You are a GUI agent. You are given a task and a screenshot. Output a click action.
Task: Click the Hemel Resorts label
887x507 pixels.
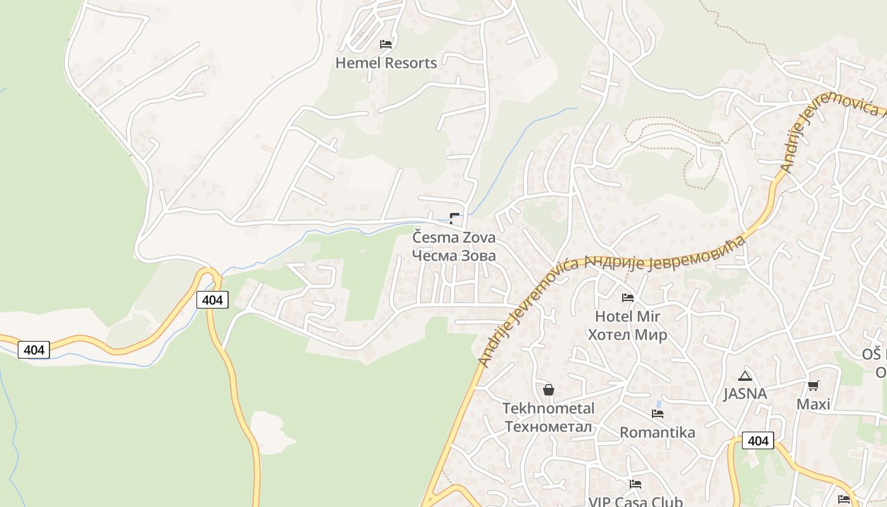point(386,63)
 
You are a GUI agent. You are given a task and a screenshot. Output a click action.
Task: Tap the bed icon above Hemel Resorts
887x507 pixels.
point(386,44)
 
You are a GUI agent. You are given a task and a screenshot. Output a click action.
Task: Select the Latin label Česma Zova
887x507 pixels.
point(454,238)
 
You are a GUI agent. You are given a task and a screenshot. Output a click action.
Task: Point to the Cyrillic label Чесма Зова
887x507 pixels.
point(454,255)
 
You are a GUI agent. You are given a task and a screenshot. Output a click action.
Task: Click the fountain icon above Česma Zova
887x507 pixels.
point(454,219)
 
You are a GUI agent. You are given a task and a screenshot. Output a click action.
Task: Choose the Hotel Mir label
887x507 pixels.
point(627,316)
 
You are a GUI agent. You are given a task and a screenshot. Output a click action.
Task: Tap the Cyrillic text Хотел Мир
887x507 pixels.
point(627,335)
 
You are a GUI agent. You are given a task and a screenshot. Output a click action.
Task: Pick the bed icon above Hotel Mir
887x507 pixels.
point(628,297)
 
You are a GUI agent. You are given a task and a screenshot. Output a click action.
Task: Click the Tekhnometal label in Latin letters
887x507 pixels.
point(549,408)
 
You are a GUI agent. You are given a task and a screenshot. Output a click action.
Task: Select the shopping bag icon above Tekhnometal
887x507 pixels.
point(549,390)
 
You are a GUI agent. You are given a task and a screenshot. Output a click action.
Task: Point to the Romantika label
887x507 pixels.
point(657,432)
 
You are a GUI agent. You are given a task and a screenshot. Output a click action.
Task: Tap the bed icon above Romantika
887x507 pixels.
point(658,414)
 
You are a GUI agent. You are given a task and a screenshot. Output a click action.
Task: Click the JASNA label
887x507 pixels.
point(745,394)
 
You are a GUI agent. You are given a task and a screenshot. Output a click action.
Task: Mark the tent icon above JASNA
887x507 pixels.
point(745,376)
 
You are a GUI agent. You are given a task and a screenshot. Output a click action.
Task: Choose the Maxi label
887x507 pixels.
point(813,404)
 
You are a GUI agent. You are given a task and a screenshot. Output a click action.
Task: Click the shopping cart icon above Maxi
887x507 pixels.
point(814,385)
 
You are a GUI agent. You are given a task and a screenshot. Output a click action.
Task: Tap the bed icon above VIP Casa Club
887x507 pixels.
point(635,484)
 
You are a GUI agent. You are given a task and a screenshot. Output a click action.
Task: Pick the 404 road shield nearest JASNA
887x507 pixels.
point(758,440)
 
